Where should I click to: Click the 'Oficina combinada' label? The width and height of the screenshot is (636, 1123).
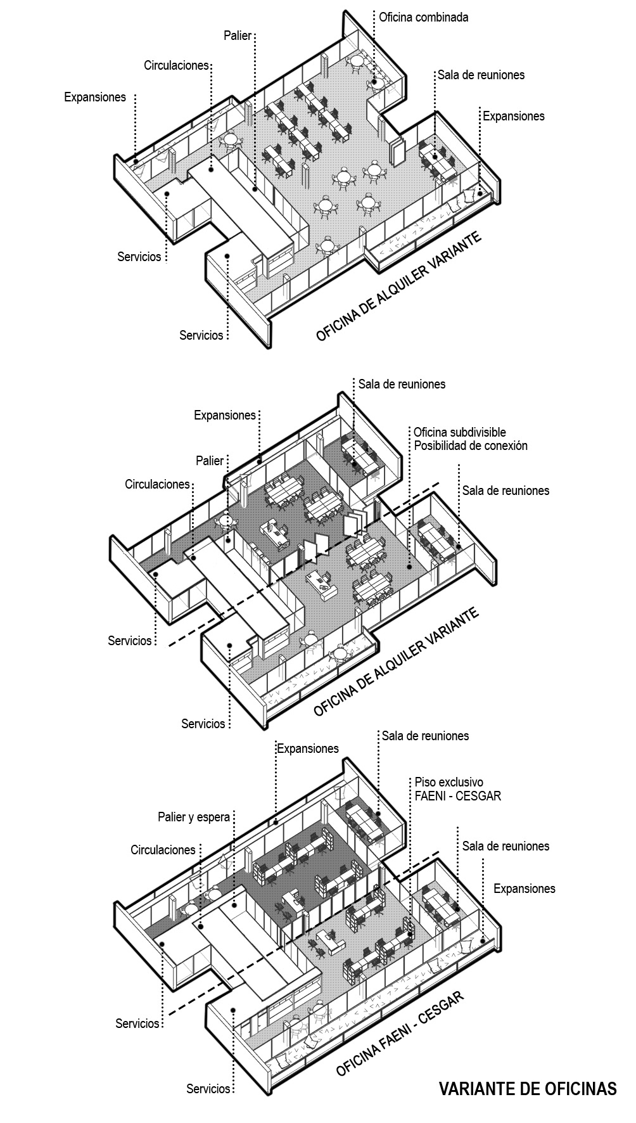423,17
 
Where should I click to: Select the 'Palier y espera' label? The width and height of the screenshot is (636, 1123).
193,817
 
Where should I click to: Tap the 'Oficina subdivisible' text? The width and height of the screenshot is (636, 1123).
460,432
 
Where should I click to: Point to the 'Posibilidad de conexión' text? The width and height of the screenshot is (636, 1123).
471,446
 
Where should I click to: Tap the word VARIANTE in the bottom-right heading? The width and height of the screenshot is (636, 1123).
484,1089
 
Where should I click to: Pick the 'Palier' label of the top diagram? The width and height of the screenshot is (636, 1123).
238,35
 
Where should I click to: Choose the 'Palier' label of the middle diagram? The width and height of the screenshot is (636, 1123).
210,461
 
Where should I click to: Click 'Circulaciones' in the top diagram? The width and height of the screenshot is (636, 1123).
176,65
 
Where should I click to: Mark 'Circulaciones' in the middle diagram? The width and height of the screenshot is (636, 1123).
157,484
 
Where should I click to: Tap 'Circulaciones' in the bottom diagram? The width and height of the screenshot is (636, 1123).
163,850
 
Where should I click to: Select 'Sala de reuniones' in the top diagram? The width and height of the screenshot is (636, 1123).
481,75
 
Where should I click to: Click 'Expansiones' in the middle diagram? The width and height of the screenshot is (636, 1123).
225,416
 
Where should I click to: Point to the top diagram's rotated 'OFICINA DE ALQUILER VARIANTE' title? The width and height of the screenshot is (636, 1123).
398,287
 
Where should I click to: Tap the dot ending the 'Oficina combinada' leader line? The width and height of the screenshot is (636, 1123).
375,82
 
